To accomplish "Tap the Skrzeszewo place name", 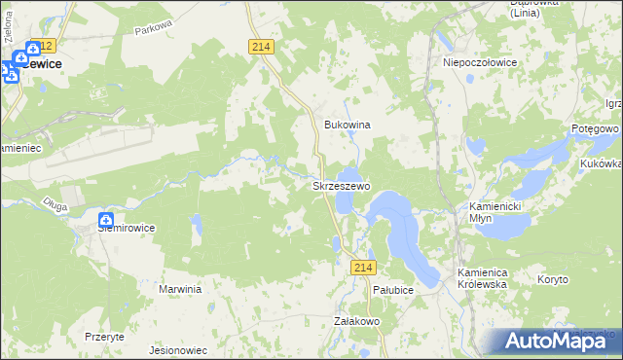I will pyautogui.click(x=340, y=185).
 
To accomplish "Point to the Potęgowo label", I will pyautogui.click(x=597, y=128).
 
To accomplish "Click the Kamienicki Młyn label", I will pyautogui.click(x=495, y=213).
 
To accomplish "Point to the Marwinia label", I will pyautogui.click(x=180, y=289).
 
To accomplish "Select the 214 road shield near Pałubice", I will pyautogui.click(x=364, y=268).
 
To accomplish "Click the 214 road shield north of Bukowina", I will pyautogui.click(x=261, y=47).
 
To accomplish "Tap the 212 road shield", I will pyautogui.click(x=42, y=47).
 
